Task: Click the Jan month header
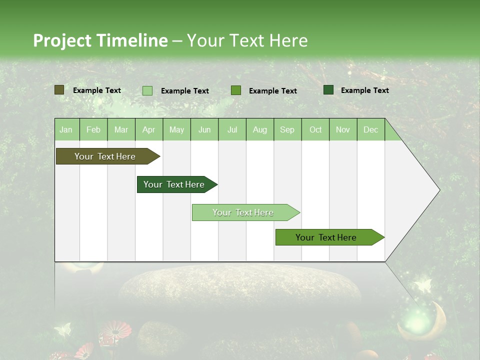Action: (66, 130)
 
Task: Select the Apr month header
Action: (148, 130)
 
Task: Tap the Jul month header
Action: (232, 130)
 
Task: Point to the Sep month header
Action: (287, 130)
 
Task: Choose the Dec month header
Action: (370, 130)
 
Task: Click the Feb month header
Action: (93, 130)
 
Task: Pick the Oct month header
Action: (315, 130)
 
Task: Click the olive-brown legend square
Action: (59, 90)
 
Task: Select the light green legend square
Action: (147, 90)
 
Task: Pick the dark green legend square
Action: (328, 90)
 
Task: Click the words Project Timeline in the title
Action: (100, 40)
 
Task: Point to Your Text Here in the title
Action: (247, 40)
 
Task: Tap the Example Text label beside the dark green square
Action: (364, 90)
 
